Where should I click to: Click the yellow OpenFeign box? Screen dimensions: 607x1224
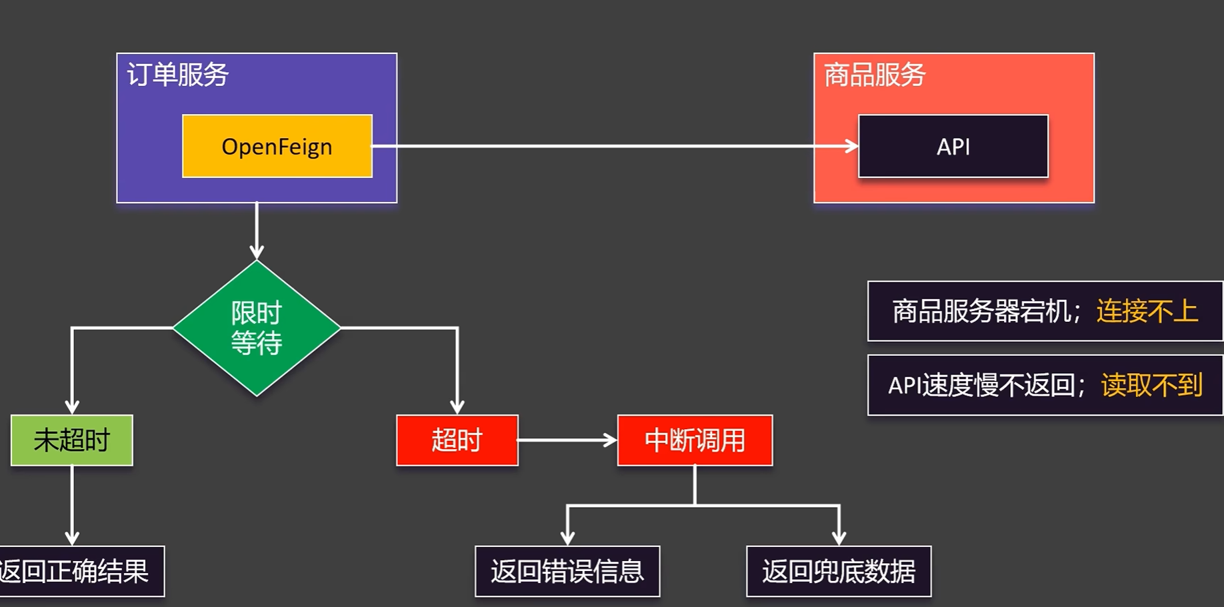(277, 146)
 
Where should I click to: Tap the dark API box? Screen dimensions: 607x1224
(953, 146)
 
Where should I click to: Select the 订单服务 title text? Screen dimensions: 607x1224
(178, 75)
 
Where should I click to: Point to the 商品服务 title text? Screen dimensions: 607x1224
(875, 75)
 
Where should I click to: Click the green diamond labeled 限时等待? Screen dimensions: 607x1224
(257, 328)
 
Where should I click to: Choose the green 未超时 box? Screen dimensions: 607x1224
(72, 440)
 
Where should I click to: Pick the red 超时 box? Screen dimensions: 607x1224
(457, 440)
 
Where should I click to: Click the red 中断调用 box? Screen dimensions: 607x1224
(695, 440)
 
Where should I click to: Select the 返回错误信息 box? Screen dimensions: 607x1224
(567, 571)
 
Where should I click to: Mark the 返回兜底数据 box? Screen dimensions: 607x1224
(839, 571)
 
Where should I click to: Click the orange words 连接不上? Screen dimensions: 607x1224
(1147, 311)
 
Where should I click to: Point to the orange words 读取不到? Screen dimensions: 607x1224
(1151, 385)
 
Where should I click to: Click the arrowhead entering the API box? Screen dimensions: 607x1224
(851, 146)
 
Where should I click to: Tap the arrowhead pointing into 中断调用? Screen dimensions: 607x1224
(610, 440)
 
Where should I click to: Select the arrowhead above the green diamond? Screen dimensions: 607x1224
(257, 252)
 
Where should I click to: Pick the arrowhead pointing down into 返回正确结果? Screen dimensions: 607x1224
(72, 538)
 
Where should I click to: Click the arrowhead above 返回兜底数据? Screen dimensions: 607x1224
(839, 538)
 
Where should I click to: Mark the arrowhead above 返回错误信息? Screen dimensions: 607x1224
(567, 538)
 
